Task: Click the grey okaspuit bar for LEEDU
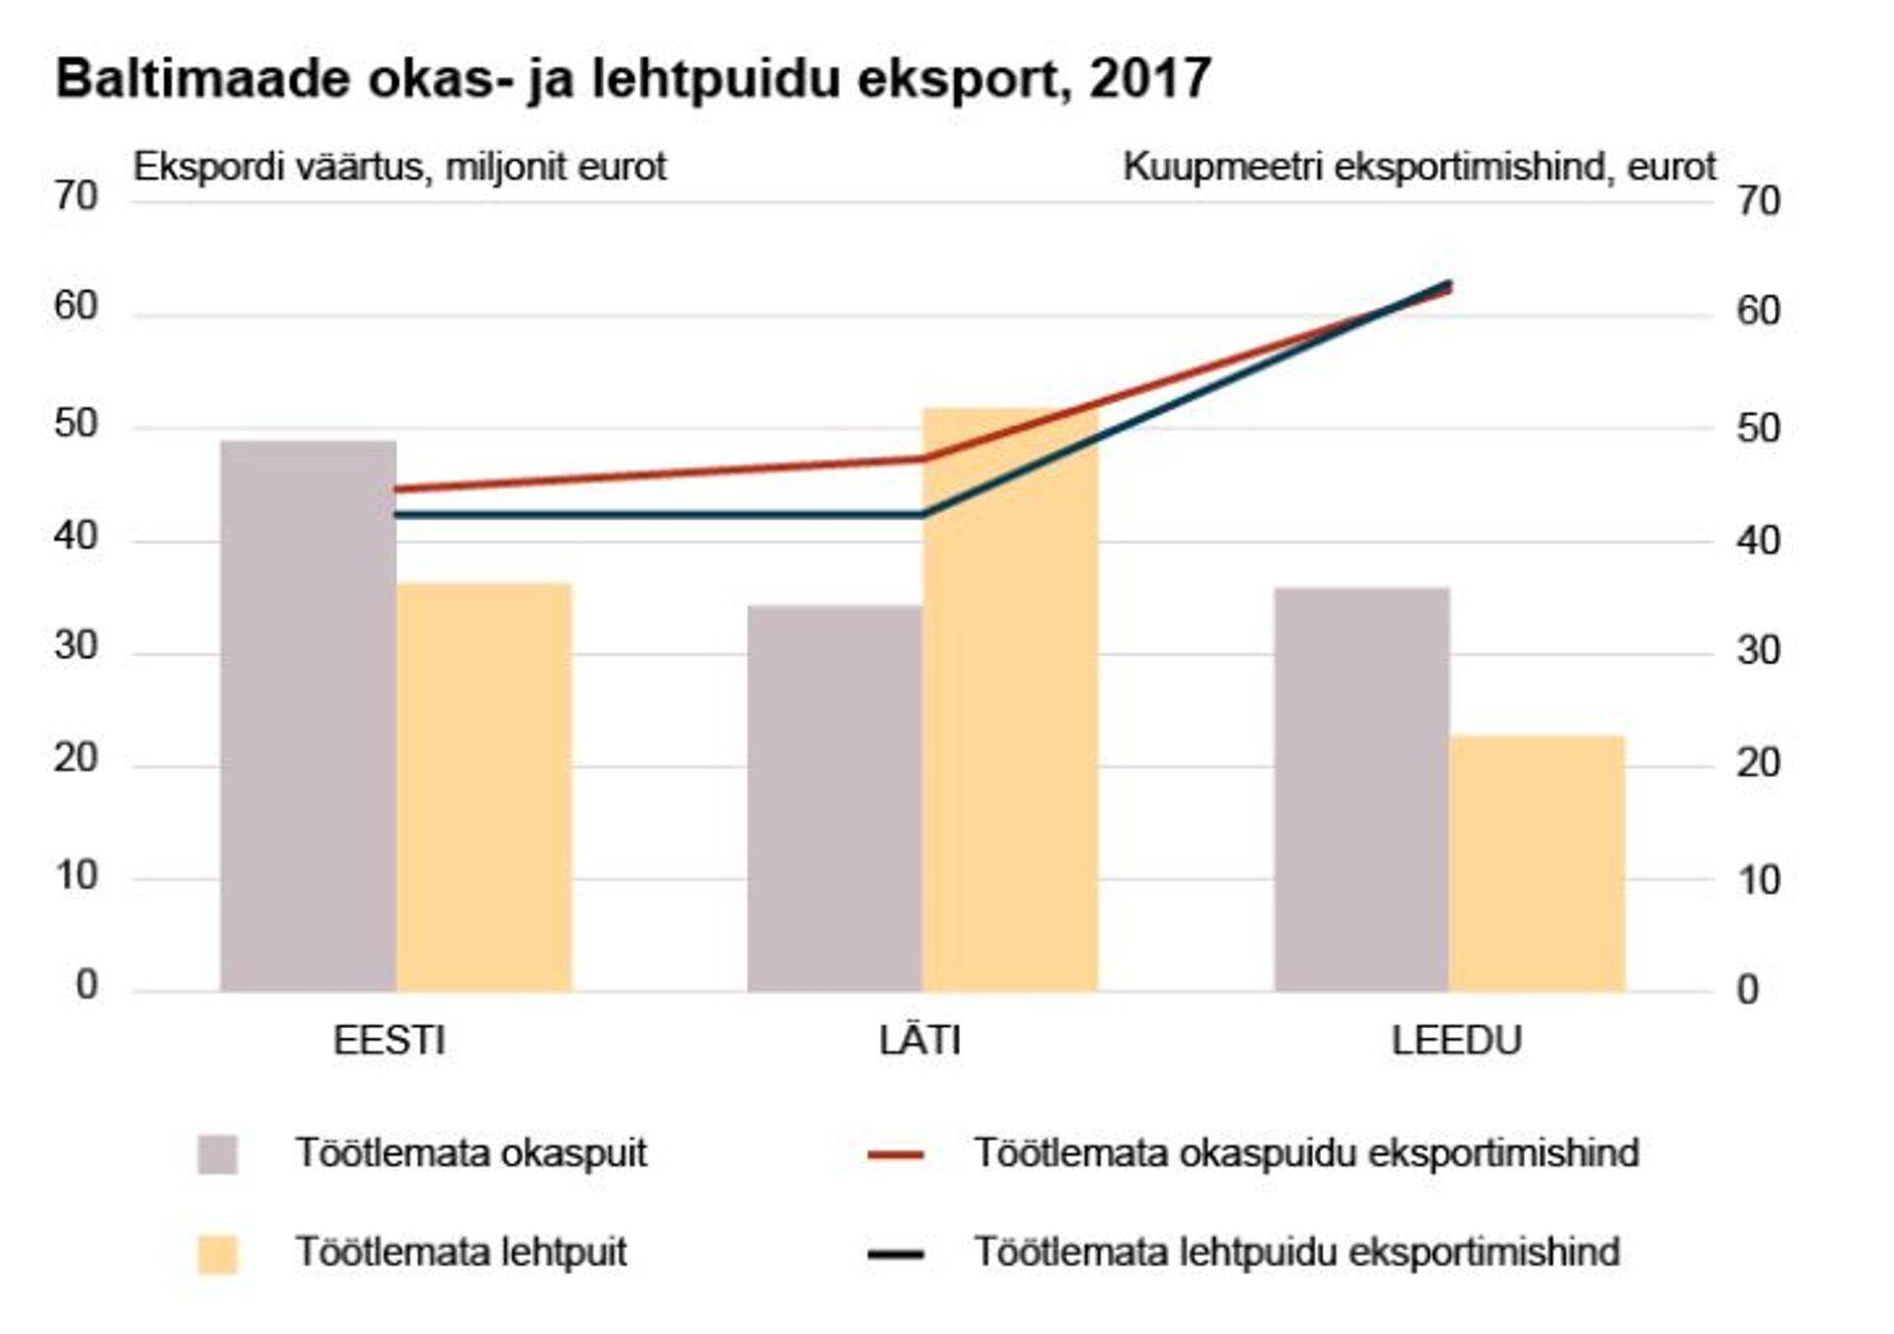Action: tap(1361, 789)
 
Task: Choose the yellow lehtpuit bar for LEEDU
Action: tap(1537, 863)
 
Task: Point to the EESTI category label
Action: tap(389, 1041)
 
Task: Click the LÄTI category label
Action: tap(919, 1041)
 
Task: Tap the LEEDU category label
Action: tap(1456, 1041)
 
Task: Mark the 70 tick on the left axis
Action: tap(76, 196)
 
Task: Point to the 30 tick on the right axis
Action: tap(1758, 651)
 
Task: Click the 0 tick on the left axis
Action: tap(87, 985)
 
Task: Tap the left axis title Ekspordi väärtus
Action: tap(400, 167)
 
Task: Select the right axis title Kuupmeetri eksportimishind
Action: tap(1419, 167)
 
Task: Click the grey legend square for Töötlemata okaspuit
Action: tap(217, 1153)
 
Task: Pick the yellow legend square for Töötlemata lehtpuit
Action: tap(217, 1254)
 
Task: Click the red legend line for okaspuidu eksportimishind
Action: tap(896, 1153)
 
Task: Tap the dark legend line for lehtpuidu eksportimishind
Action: tap(896, 1254)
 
